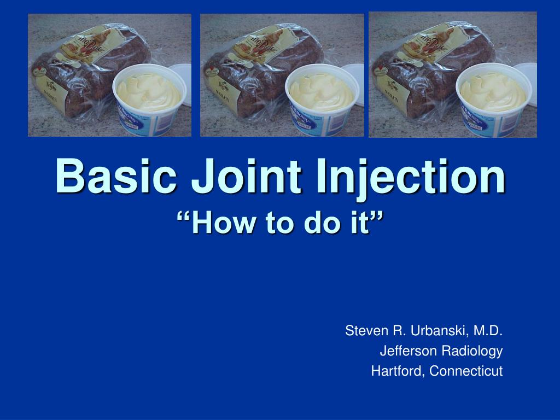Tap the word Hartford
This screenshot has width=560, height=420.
tap(397, 371)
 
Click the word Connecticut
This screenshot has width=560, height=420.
tap(466, 371)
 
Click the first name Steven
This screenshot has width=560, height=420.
tap(363, 331)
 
